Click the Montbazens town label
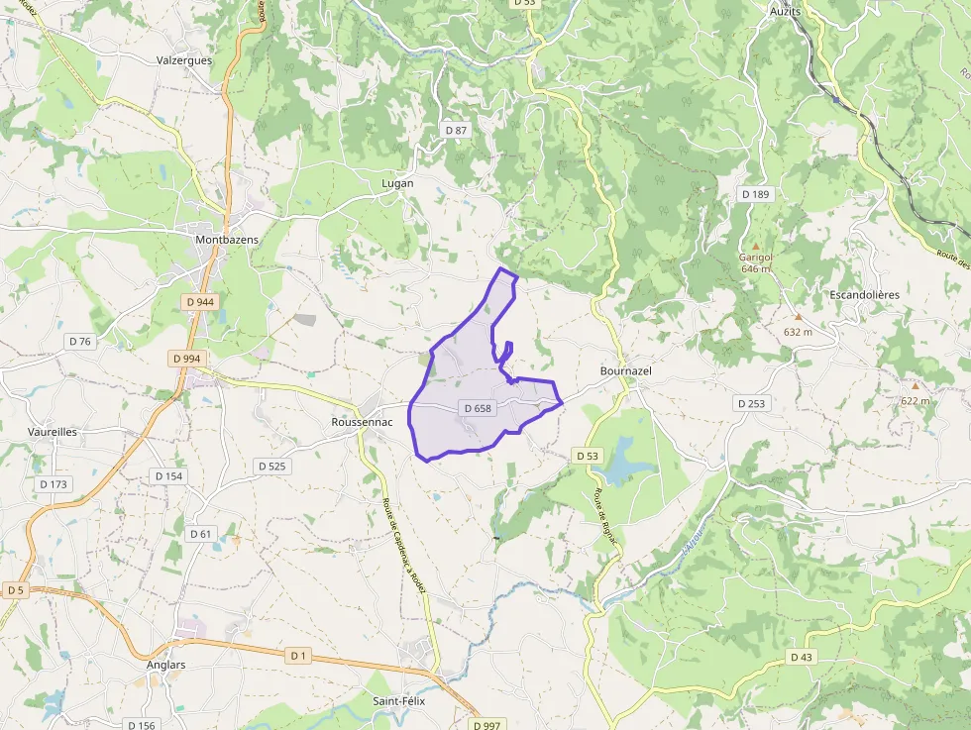click(227, 241)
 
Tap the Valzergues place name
click(184, 60)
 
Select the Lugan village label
click(397, 184)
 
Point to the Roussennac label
click(362, 422)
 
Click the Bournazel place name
click(626, 370)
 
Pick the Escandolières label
click(864, 295)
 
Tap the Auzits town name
click(785, 11)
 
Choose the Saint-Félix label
click(400, 701)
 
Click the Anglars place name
click(165, 665)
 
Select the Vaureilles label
click(54, 432)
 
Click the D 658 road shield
click(477, 408)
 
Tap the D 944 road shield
click(199, 301)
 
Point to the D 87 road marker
click(455, 130)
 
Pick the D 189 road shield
click(755, 194)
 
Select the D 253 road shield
click(752, 403)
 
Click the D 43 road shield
click(802, 658)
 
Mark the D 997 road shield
click(486, 725)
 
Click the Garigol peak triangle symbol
click(755, 246)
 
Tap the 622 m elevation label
click(916, 400)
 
